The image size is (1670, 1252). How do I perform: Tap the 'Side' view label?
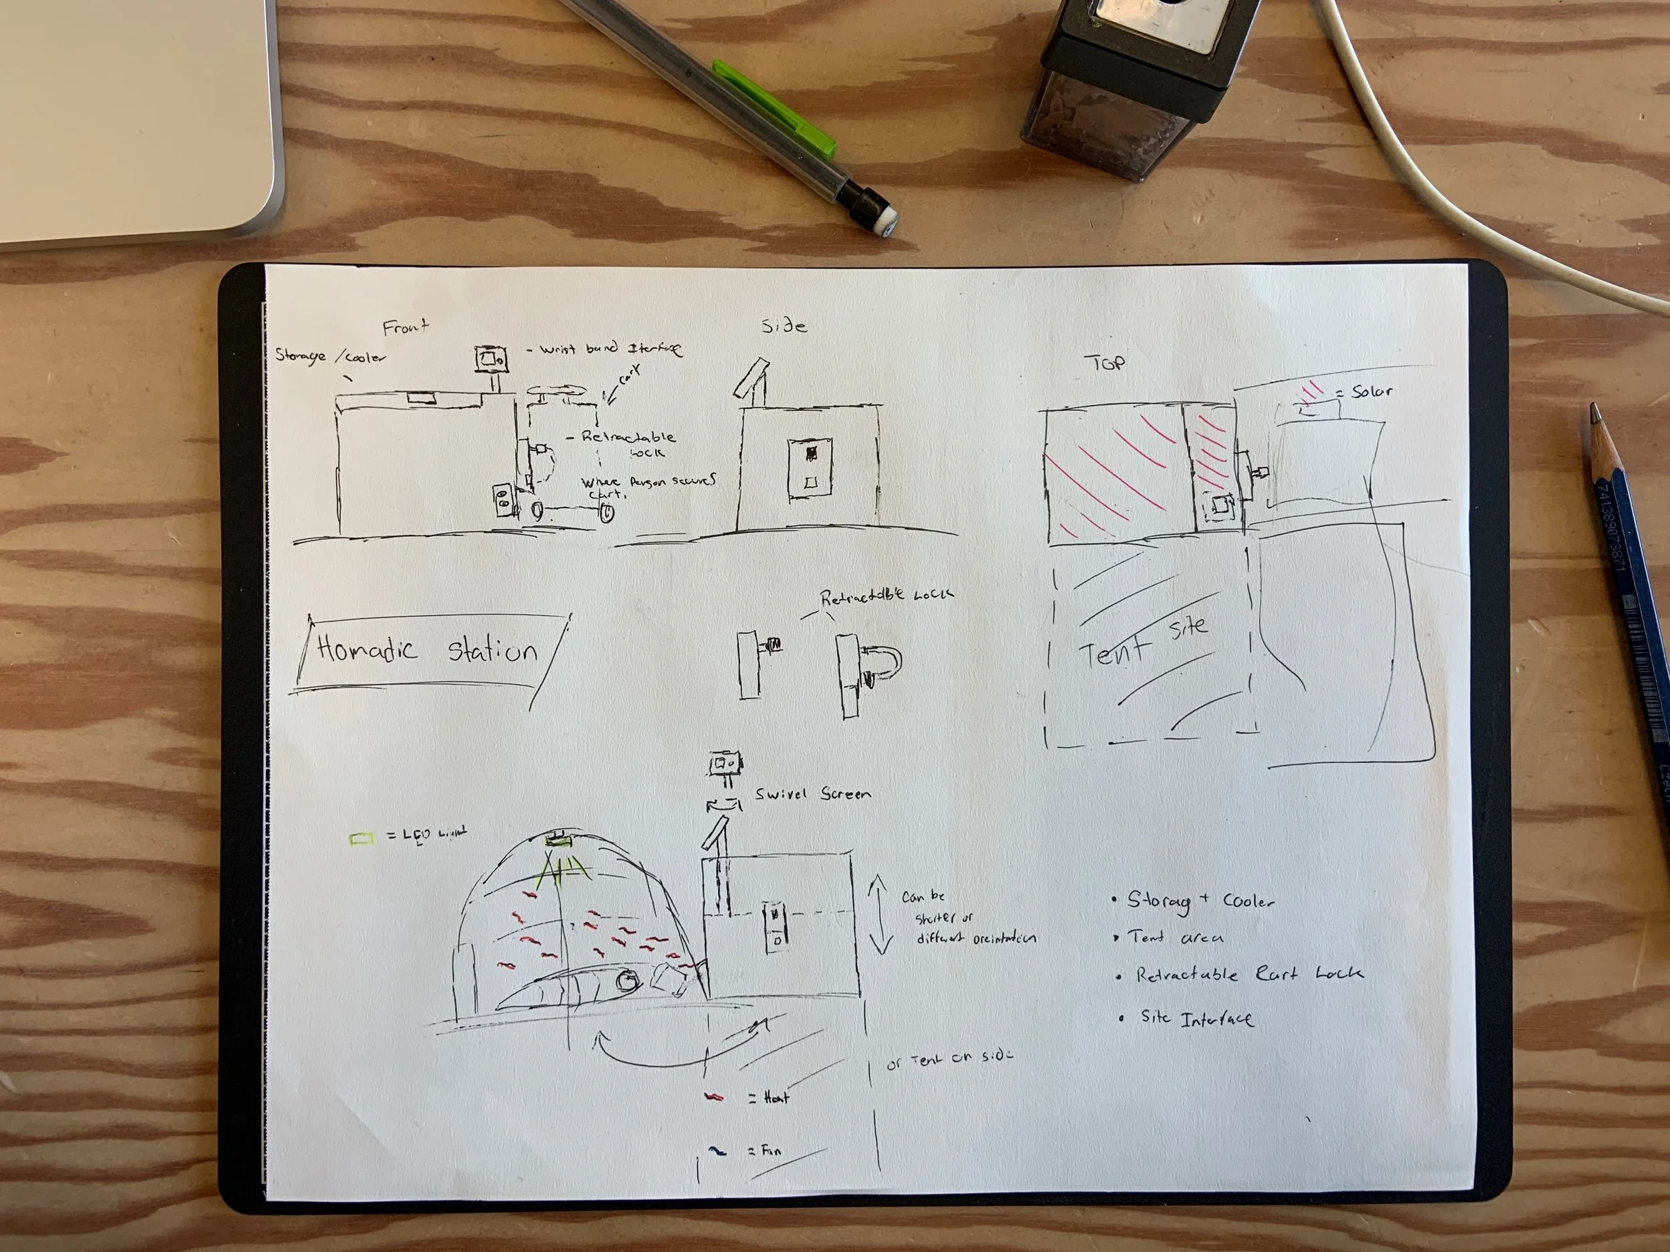click(784, 326)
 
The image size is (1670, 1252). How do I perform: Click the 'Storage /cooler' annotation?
click(330, 355)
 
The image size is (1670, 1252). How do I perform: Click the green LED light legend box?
click(362, 839)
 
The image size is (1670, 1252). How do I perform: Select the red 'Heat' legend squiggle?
click(713, 1096)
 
